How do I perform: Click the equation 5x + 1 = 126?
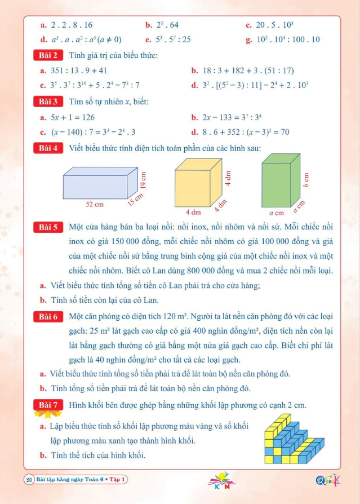coord(68,117)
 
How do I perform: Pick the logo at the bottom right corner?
coord(327,480)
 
